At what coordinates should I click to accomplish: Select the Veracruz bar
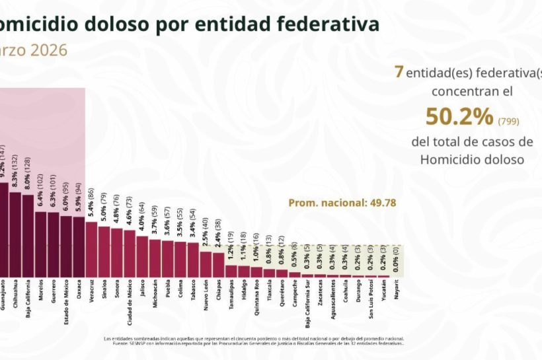coord(91,248)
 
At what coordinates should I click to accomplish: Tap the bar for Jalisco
coord(142,256)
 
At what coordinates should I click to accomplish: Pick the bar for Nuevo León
coord(206,264)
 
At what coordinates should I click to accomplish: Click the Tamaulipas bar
coord(231,271)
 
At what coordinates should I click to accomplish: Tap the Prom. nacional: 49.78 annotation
coord(342,203)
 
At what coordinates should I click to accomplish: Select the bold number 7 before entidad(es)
coord(399,72)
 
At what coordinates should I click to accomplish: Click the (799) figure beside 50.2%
coord(509,120)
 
